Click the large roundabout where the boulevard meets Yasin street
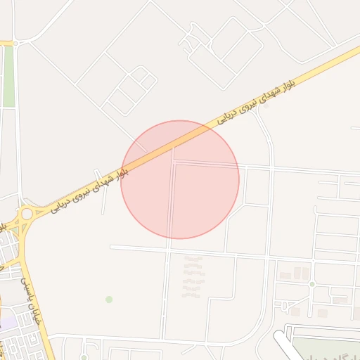pos(26,213)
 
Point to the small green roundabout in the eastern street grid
pos(311,284)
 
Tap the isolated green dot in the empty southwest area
pos(109,300)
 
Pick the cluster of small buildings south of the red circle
pos(192,277)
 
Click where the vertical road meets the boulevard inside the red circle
pos(174,149)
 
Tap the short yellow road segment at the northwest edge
pos(7,43)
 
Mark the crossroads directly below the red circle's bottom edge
pos(168,248)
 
